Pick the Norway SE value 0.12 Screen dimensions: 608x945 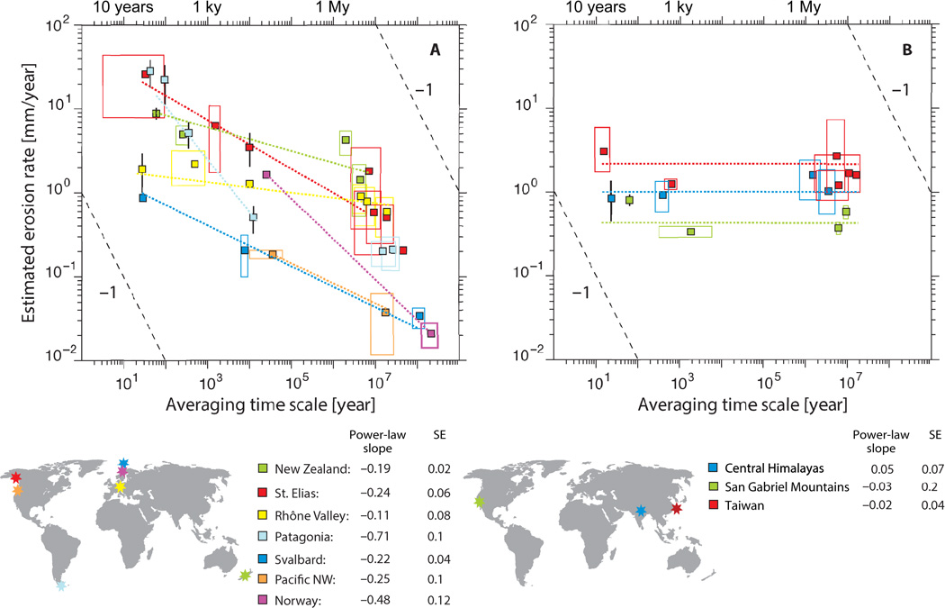point(439,601)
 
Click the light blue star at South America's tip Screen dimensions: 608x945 point(60,585)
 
